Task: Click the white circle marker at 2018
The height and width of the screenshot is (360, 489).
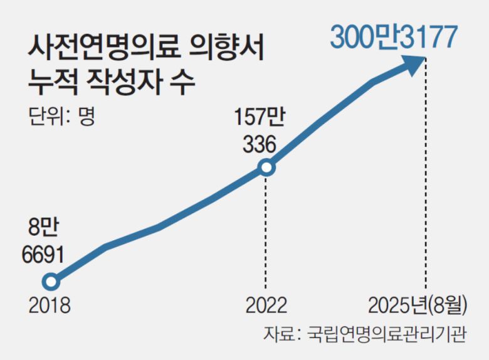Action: coord(52,281)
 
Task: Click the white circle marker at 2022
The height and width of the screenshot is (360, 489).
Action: coord(266,167)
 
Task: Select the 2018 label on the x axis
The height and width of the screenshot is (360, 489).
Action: coord(50,305)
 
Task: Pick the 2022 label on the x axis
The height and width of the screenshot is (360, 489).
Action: coord(266,305)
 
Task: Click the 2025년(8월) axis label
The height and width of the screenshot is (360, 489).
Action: coord(418,305)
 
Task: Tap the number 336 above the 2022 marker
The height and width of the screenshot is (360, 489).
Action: coord(259,144)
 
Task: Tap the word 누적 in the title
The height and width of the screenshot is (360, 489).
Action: coord(53,82)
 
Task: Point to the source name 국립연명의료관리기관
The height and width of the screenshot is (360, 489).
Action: coord(387,333)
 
